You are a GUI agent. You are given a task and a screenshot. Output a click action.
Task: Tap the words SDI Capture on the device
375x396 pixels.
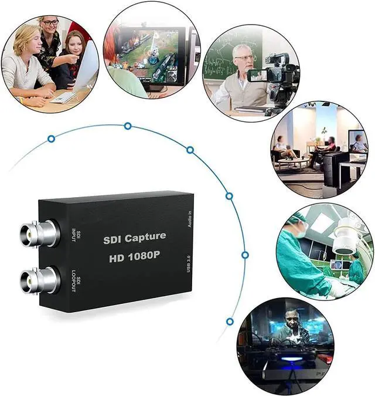coord(134,238)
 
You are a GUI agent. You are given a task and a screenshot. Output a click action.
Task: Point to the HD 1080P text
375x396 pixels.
coord(134,258)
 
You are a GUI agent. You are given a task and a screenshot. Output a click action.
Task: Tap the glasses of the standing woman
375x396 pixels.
coord(50,23)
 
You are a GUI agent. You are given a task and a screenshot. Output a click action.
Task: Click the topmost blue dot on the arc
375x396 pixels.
coord(127,126)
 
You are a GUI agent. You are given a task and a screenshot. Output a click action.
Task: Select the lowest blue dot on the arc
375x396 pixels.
coord(230,321)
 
